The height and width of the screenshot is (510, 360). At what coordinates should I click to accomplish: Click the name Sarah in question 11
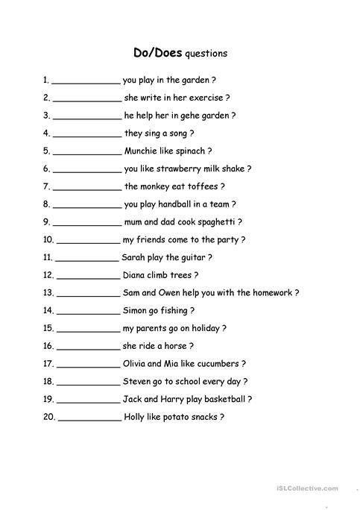(135, 257)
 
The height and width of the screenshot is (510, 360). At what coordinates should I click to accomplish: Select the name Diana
(135, 275)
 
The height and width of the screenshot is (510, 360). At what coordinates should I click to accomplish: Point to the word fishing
(174, 310)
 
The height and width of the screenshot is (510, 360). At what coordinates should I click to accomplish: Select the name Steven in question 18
(138, 381)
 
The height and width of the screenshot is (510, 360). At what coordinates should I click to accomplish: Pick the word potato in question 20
(177, 417)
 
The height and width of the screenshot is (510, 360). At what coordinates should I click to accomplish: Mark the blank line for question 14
(88, 312)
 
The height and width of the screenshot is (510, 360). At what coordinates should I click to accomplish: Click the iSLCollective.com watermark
(312, 488)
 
